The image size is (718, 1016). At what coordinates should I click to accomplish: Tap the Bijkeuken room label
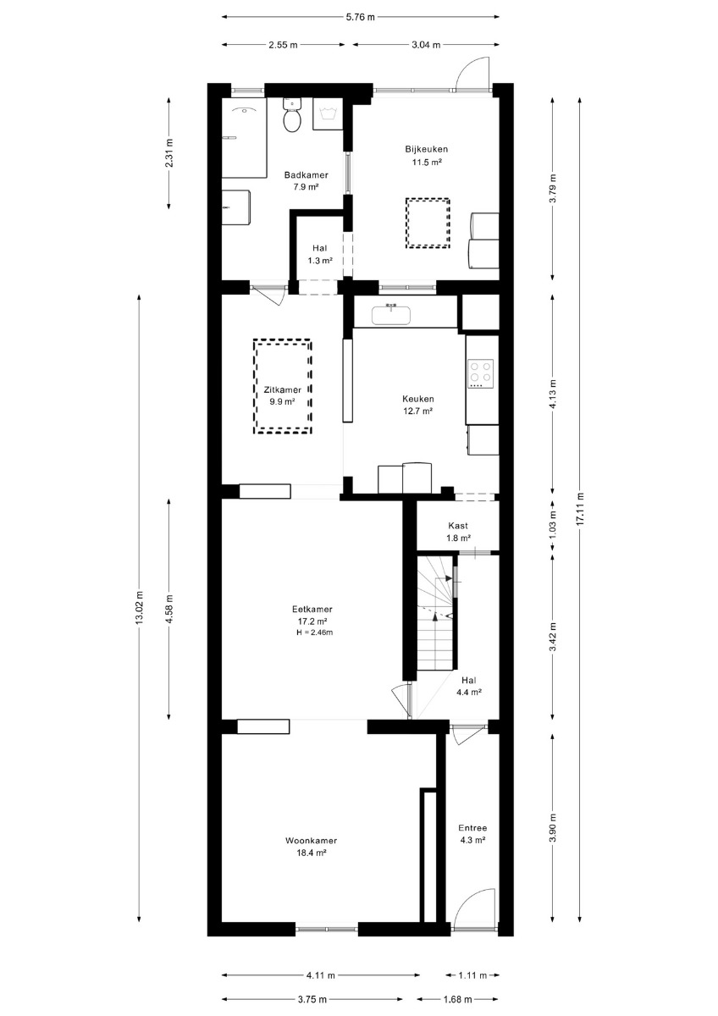pyautogui.click(x=427, y=149)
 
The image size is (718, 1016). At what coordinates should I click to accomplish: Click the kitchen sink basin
pyautogui.click(x=391, y=315)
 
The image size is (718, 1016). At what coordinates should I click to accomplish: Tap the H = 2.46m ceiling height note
pyautogui.click(x=314, y=632)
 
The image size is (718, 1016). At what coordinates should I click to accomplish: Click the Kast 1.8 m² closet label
pyautogui.click(x=458, y=532)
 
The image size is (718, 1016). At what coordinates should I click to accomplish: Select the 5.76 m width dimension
pyautogui.click(x=361, y=17)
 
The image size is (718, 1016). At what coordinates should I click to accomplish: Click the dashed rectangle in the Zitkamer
pyautogui.click(x=283, y=387)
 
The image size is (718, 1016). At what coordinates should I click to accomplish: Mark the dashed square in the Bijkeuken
pyautogui.click(x=428, y=223)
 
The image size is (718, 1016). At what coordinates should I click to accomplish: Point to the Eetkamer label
pyautogui.click(x=312, y=610)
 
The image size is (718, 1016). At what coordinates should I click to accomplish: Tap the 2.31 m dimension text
pyautogui.click(x=168, y=152)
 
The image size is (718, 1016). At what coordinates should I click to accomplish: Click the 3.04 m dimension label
pyautogui.click(x=427, y=45)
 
